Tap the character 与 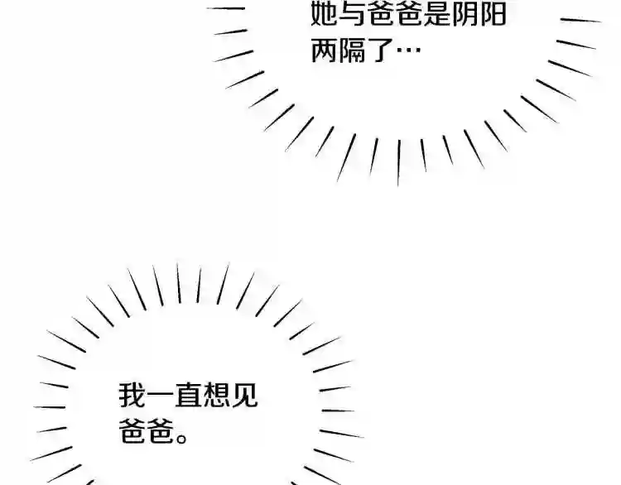pos(352,14)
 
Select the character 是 pos(436,14)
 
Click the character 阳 pos(493,14)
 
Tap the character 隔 pos(353,50)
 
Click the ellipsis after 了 pos(408,50)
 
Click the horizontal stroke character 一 pos(160,395)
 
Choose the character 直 pos(188,395)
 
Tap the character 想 pos(216,395)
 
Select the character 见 pos(244,395)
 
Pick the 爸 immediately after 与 pos(380,14)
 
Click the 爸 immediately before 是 pos(408,14)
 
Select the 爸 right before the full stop pos(161,430)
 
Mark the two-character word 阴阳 pos(479,14)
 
